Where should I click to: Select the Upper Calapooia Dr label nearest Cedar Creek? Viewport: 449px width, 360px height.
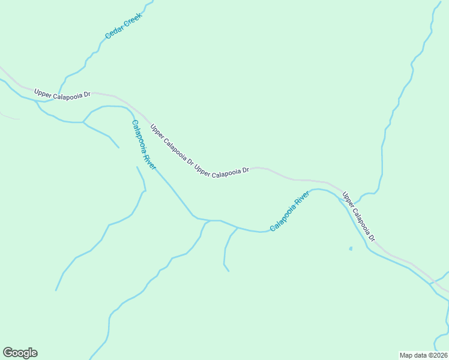tap(62, 95)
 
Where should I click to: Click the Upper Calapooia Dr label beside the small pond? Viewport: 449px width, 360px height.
tap(358, 217)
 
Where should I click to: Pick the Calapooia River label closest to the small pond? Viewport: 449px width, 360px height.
tap(289, 211)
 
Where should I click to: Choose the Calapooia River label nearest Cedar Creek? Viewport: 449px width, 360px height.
tap(143, 145)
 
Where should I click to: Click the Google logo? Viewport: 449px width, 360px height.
tap(20, 353)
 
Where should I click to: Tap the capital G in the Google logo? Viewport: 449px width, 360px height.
tap(8, 353)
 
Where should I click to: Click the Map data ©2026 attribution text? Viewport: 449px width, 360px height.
tap(423, 355)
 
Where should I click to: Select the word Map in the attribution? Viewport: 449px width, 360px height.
tap(406, 355)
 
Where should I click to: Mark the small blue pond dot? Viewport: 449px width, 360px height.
tap(351, 248)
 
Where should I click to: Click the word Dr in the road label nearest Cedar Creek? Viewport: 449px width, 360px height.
tap(86, 95)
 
